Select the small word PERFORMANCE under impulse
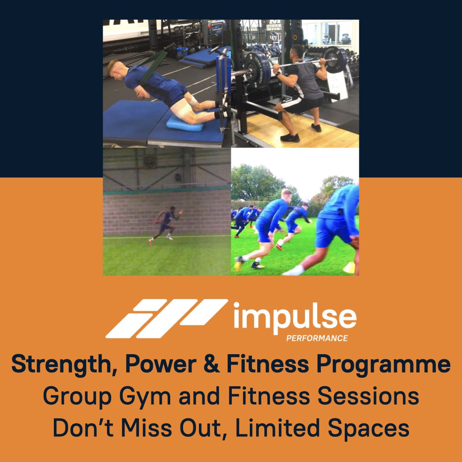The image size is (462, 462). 317,338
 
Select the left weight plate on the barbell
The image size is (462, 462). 256,71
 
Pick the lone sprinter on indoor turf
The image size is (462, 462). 166,225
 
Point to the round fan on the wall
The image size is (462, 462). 149,162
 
